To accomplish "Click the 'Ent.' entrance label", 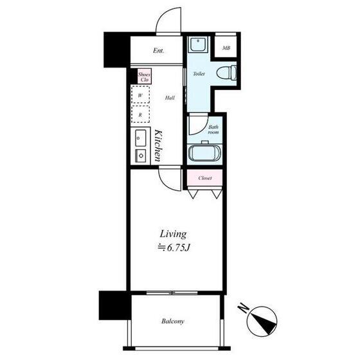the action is tap(158, 51).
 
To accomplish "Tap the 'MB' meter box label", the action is tap(226, 48).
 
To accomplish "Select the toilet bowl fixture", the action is tap(226, 73).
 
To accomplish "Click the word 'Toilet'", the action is tap(199, 74).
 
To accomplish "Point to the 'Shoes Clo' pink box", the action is tap(145, 76).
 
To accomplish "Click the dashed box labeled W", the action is tap(140, 94).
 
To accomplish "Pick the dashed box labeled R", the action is tap(140, 114).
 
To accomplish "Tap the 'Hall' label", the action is tap(170, 98).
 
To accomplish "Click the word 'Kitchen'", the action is tap(158, 145).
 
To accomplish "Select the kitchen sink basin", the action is tap(141, 138).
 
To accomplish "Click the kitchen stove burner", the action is tap(141, 156).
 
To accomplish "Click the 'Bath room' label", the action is tap(213, 129).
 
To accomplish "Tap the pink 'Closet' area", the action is tap(205, 178).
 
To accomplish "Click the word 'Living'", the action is tap(173, 235).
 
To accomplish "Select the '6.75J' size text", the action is tap(179, 248).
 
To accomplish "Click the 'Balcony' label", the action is tap(173, 321).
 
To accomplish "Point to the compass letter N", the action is tap(244, 308).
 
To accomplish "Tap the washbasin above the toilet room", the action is tap(198, 44).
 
